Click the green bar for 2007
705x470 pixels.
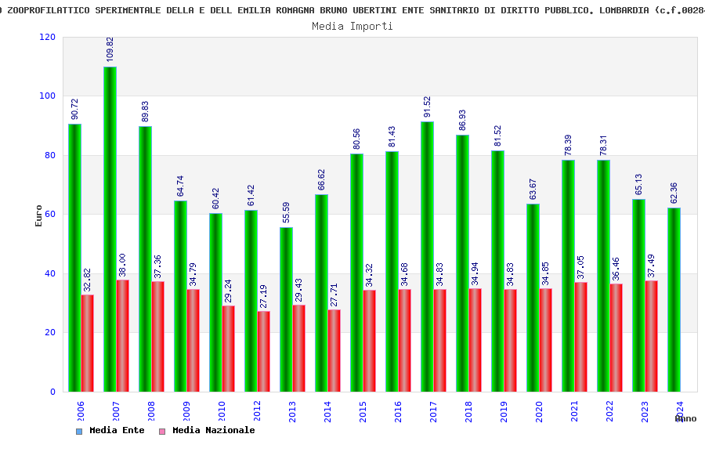(110, 229)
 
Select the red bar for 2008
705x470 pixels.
(158, 336)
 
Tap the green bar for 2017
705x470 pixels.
(427, 256)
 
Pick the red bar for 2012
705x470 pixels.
(264, 351)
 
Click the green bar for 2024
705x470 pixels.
(674, 299)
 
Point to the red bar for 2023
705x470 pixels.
(652, 336)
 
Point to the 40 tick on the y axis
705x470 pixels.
(50, 273)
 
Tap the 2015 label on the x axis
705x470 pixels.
(363, 411)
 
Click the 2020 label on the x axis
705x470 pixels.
(539, 411)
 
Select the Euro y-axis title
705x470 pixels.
(39, 215)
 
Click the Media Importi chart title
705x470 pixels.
(352, 26)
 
